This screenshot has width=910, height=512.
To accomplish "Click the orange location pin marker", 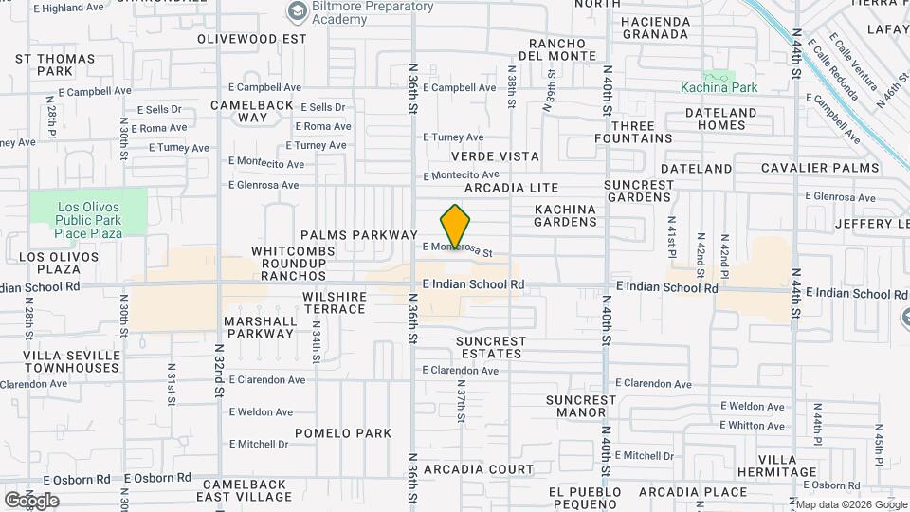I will coord(456,228).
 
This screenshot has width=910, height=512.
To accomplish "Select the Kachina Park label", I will coord(719,87).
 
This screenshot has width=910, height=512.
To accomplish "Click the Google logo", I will coord(31,500).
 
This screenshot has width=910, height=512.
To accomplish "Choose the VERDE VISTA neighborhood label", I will coord(495,156).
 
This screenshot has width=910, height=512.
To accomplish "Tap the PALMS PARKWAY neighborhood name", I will coord(359,234).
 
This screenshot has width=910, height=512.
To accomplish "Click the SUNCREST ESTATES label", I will coord(489,347).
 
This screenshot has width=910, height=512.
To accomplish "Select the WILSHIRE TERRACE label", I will coord(335,302).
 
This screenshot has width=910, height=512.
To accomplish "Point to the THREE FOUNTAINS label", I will coord(633,132).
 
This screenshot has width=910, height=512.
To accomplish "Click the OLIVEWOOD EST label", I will coord(252,39).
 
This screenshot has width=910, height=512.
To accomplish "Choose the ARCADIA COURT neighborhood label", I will coord(479,469).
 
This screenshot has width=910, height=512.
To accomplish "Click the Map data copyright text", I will coord(850,503).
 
